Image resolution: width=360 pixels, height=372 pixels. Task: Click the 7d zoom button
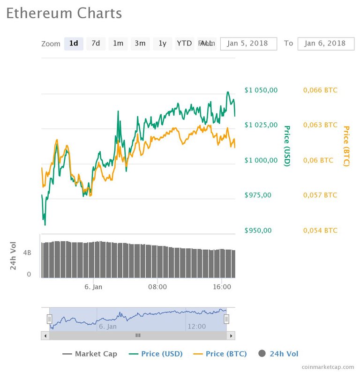coord(96,43)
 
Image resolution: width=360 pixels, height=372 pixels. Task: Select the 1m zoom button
coord(118,43)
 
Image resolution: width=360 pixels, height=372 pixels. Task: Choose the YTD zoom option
coord(184,43)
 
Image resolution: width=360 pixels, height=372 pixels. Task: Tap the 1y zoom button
coord(162,43)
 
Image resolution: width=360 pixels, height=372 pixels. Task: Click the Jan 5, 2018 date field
coord(248,43)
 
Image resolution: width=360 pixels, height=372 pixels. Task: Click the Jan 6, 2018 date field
coord(325,43)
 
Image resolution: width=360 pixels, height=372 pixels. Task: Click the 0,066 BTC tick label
coord(319,90)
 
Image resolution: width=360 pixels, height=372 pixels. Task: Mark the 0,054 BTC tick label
coord(319,230)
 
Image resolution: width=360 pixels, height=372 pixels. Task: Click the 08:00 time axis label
coord(157,286)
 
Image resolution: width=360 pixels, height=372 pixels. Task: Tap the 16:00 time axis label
coord(221,286)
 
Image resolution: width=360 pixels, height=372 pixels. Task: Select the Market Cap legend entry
coord(90,354)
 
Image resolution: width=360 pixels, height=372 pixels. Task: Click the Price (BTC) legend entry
coord(220,354)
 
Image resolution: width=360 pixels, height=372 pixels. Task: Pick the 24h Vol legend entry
coord(278,354)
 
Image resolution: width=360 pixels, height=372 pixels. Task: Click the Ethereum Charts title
coord(64,13)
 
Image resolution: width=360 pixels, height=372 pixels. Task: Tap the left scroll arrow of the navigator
coord(45,335)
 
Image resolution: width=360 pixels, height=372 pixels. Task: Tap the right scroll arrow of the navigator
coord(231,335)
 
